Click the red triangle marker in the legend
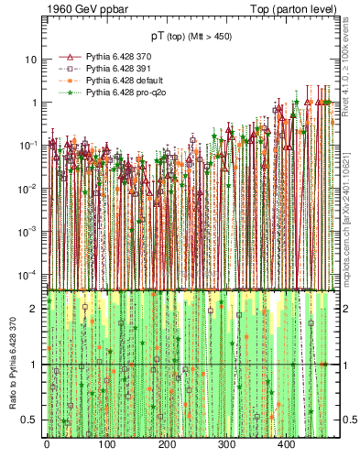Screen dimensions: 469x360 click(68, 57)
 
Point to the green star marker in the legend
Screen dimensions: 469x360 click(68, 93)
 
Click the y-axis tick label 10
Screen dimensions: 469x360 click(31, 59)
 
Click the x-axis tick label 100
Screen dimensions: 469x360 click(106, 444)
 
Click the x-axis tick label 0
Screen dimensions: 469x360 click(47, 444)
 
